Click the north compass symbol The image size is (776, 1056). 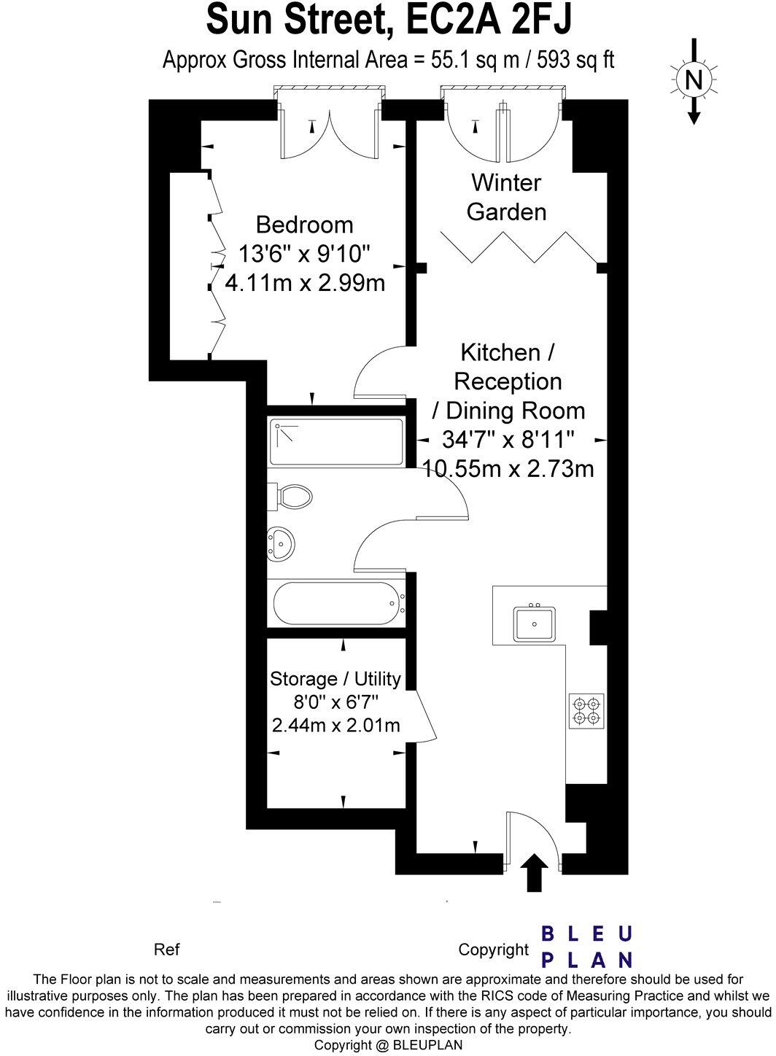pyautogui.click(x=694, y=79)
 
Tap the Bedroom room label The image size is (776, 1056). pyautogui.click(x=304, y=225)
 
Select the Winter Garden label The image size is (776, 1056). pyautogui.click(x=506, y=197)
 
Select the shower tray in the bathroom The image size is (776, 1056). pyautogui.click(x=336, y=442)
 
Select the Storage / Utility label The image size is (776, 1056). pyautogui.click(x=335, y=679)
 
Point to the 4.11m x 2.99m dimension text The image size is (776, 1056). pyautogui.click(x=305, y=282)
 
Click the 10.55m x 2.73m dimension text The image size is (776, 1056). pyautogui.click(x=508, y=469)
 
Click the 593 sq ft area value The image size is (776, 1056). pyautogui.click(x=575, y=60)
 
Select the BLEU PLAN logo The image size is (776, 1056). pyautogui.click(x=586, y=947)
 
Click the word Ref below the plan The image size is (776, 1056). pyautogui.click(x=167, y=950)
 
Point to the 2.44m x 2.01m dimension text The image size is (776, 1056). pyautogui.click(x=335, y=726)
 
